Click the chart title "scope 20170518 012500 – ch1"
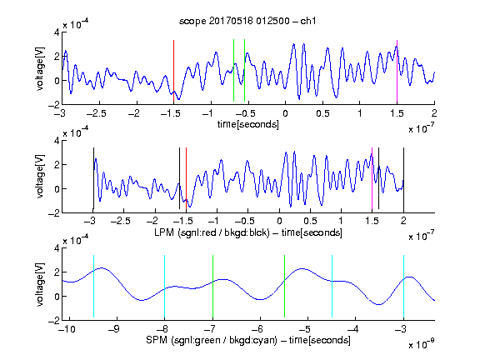247,21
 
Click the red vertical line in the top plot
173,71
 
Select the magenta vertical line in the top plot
397,71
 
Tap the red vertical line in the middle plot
186,178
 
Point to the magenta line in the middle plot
372,178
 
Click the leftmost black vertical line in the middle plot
93,178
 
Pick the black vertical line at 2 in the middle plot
403,178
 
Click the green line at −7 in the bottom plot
212,286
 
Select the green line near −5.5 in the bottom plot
284,286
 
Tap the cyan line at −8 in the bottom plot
164,286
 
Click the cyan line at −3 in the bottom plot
403,286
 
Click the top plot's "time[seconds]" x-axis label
248,124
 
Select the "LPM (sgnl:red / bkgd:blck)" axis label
212,232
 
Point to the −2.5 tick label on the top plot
97,113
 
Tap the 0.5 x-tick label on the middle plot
310,221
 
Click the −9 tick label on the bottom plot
114,329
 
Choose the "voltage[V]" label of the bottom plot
40,284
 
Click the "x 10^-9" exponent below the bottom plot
422,344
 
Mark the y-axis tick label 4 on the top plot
57,32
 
